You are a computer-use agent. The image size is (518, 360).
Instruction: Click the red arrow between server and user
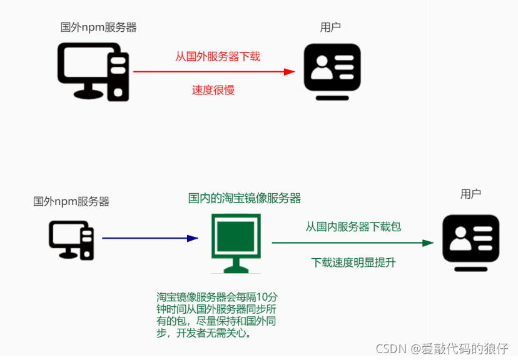pos(213,72)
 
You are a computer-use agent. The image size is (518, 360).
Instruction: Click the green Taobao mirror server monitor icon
pos(236,243)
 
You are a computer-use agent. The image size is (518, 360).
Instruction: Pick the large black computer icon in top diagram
pos(93,71)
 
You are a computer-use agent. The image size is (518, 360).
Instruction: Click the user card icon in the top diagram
pos(332,71)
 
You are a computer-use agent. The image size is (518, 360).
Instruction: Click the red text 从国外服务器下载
pos(218,56)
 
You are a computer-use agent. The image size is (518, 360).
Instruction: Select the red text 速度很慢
pos(213,90)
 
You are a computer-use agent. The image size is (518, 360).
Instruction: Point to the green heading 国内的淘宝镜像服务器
pos(245,198)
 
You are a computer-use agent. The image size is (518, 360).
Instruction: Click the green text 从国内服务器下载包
pos(353,226)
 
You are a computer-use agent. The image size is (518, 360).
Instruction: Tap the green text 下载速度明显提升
pos(353,262)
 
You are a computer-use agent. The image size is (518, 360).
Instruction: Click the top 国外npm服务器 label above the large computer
pos(98,27)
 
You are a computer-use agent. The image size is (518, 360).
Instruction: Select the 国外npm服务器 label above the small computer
pos(71,201)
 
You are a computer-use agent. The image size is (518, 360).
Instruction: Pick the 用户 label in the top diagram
pos(330,27)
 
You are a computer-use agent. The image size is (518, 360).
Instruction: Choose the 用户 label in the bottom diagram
pos(470,194)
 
